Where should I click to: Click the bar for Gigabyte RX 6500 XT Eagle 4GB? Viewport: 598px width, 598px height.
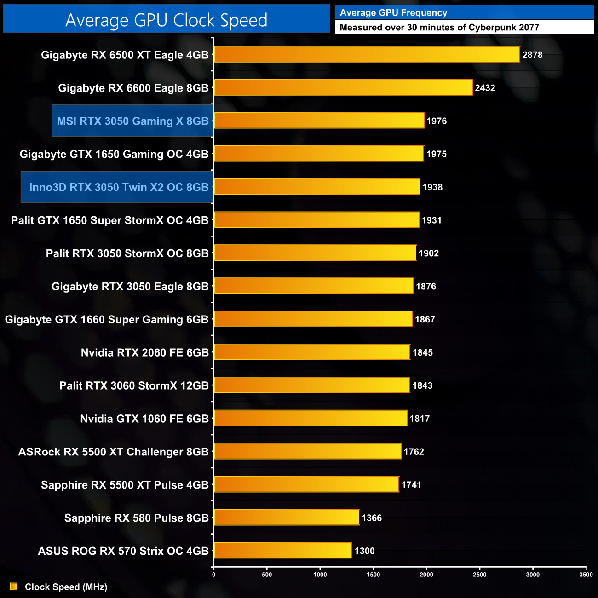[x=367, y=55]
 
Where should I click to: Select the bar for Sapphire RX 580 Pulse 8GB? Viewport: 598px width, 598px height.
[x=286, y=517]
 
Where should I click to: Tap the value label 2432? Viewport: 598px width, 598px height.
[x=485, y=88]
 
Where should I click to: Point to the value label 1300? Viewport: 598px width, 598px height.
[x=364, y=551]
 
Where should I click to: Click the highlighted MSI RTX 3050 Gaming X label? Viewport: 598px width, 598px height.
[x=132, y=121]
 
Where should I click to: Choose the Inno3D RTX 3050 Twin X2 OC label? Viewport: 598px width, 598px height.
[x=119, y=187]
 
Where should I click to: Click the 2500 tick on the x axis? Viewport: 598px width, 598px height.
[x=479, y=575]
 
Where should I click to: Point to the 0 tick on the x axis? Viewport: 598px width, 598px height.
[x=213, y=575]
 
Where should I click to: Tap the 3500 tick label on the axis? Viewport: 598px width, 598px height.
[x=586, y=575]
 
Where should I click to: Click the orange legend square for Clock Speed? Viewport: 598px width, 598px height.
[x=14, y=586]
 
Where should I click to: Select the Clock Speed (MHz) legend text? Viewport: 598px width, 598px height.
[x=66, y=587]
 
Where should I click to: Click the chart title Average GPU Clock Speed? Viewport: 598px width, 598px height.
[x=166, y=20]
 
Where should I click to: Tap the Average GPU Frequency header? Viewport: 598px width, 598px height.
[x=393, y=13]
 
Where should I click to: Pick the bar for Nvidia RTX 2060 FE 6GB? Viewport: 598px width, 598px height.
[x=311, y=352]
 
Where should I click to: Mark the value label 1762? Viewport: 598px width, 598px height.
[x=414, y=452]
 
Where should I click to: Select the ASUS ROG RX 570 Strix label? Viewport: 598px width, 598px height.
[x=123, y=551]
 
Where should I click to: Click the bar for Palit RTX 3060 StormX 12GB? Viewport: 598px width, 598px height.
[x=311, y=385]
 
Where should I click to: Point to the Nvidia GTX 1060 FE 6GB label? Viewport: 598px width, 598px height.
[x=144, y=419]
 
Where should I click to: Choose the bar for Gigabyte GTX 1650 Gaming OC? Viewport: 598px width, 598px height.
[x=318, y=154]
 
